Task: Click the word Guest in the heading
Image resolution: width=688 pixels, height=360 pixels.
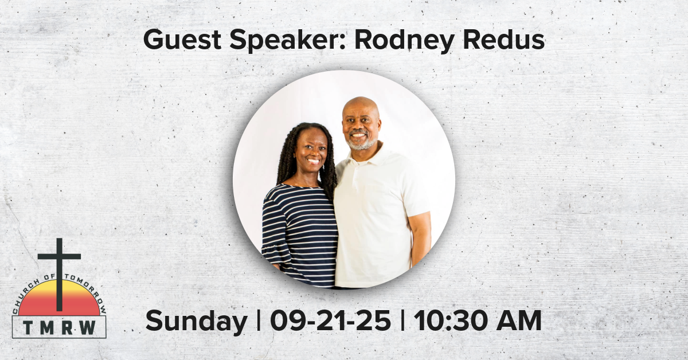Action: tap(182, 40)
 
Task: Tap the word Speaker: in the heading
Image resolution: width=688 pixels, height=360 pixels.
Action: tap(288, 41)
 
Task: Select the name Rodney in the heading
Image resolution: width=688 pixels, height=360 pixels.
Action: tap(405, 41)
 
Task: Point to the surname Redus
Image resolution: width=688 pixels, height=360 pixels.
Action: tap(504, 40)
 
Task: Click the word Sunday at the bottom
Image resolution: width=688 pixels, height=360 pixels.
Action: tap(197, 322)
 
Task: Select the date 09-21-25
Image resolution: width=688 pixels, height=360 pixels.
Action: tap(330, 320)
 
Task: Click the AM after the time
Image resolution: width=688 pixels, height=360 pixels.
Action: tap(519, 320)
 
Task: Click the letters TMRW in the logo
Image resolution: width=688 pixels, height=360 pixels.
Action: tap(59, 327)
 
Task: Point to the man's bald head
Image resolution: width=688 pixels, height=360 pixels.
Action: tap(360, 106)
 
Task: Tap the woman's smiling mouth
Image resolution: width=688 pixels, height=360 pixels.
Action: tap(313, 161)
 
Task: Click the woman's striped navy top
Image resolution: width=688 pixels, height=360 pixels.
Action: tap(301, 237)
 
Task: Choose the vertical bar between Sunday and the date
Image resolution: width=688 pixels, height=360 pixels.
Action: tap(259, 320)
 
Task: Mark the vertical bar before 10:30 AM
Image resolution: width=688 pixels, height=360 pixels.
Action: tap(402, 320)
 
